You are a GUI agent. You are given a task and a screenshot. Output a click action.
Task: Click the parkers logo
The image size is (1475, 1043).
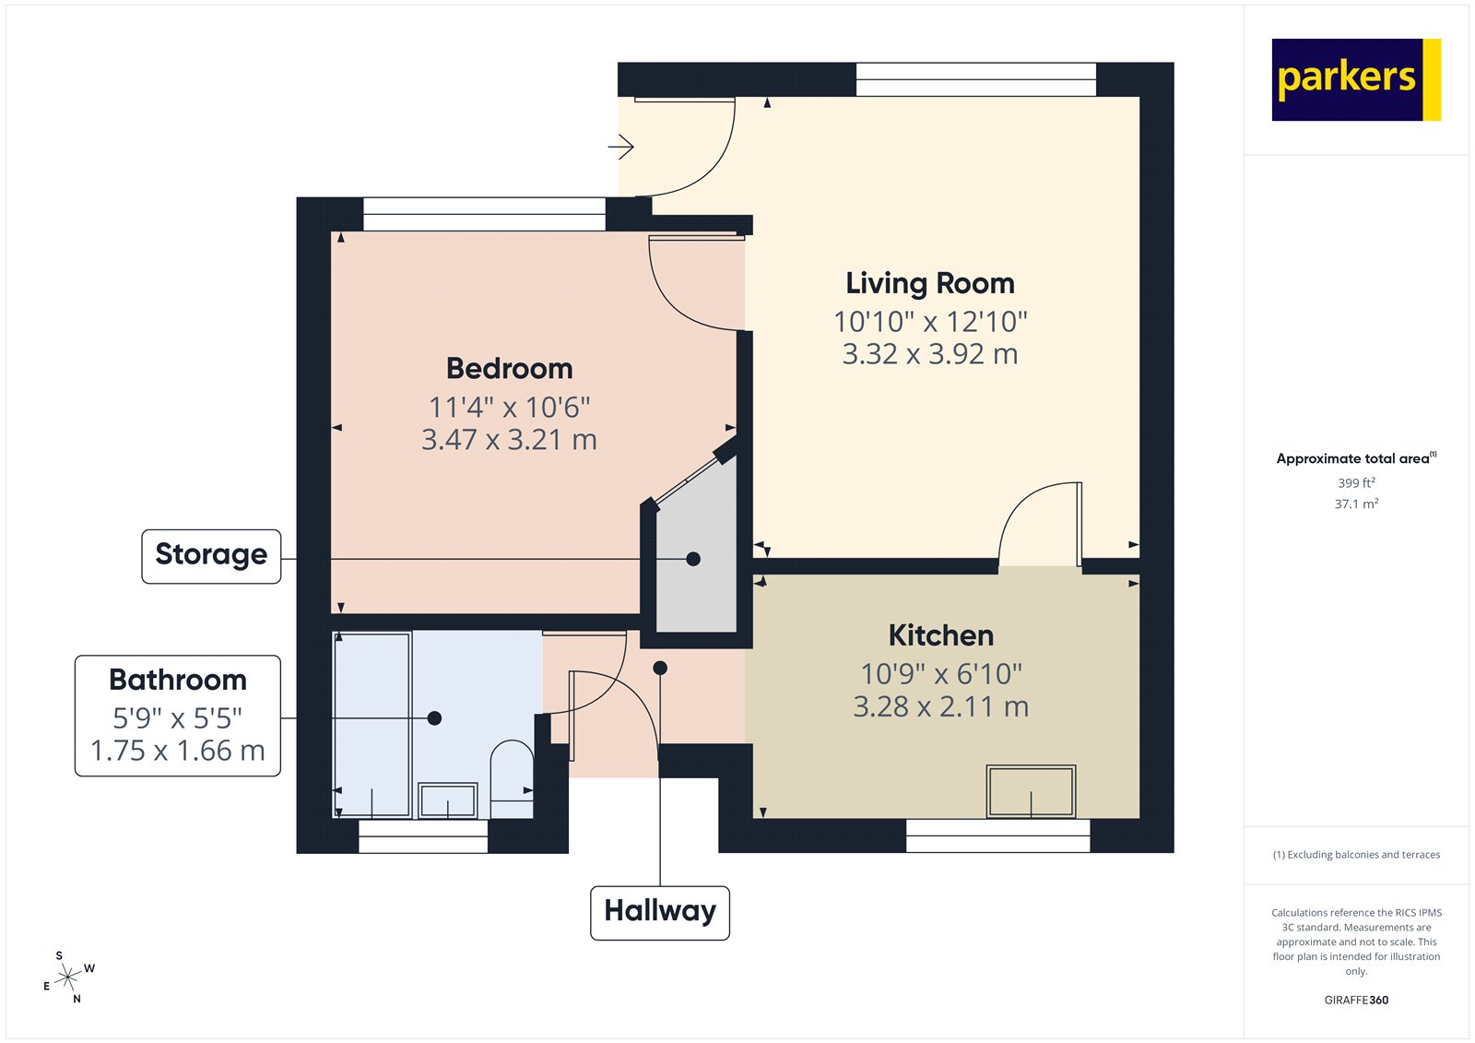coord(1355,79)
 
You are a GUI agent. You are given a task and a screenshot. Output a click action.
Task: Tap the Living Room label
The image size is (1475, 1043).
coord(930,283)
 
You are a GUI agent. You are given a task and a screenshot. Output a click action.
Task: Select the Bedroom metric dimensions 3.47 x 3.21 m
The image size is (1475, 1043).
coord(509,440)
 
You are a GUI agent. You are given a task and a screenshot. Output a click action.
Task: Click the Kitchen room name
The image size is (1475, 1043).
coord(940,635)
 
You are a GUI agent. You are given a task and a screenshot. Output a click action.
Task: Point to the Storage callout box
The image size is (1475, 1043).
coord(211,556)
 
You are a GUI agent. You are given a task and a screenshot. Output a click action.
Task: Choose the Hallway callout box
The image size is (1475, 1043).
coord(660,913)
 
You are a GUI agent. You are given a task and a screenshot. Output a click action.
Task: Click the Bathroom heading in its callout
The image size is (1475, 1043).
coord(178,680)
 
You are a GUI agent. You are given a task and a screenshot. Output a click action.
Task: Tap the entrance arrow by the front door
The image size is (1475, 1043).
coord(621,147)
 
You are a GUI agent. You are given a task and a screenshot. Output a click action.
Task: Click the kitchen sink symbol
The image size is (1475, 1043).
coord(1031,791)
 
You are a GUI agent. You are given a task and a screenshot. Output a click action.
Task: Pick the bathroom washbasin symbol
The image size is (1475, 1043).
coord(448,800)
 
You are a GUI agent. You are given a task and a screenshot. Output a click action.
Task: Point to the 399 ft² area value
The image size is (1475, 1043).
coord(1356,483)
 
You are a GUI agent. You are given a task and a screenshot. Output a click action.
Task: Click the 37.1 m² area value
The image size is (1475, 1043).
coord(1356,504)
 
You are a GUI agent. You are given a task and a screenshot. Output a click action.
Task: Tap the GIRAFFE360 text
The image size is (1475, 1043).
coord(1356,1000)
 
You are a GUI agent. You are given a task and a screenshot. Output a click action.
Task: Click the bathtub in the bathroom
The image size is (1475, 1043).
coord(372,724)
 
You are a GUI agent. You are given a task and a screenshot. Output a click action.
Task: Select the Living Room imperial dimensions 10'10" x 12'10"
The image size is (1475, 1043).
coord(930,322)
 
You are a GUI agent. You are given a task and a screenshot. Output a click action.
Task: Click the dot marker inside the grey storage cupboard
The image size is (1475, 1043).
coord(693,559)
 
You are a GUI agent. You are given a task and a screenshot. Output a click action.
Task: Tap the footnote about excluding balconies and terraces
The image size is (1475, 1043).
coord(1356,855)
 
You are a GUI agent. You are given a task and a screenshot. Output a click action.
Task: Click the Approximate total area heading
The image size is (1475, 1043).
coord(1352,458)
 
